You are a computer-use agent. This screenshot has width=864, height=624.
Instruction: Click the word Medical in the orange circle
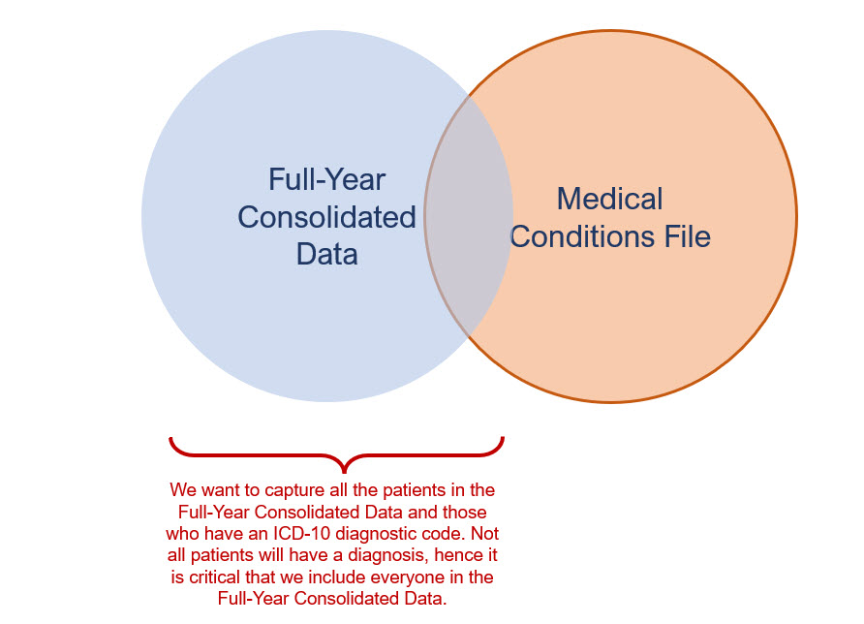click(609, 199)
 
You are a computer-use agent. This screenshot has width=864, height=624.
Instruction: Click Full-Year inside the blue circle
click(326, 179)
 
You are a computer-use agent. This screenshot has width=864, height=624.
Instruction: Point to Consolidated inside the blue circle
click(326, 216)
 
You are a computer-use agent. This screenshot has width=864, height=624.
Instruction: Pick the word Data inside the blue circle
click(326, 253)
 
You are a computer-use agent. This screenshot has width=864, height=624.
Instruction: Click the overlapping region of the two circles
click(469, 215)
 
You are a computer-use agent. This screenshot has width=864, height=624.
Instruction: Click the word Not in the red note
click(485, 534)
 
